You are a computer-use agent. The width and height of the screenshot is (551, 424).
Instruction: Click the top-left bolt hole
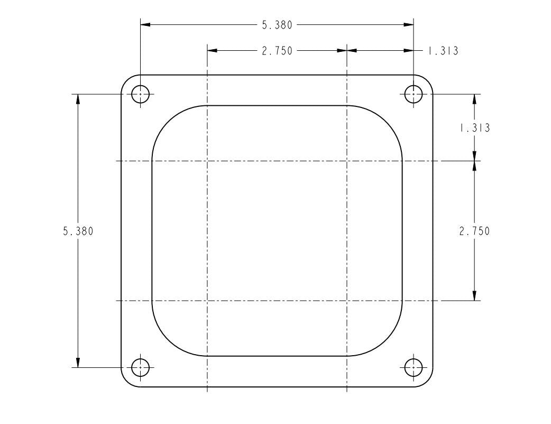140,94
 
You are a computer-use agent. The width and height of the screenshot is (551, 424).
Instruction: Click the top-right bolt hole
414,94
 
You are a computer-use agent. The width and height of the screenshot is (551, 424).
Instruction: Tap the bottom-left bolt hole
140,367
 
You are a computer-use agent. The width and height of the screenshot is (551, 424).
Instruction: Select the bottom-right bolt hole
414,367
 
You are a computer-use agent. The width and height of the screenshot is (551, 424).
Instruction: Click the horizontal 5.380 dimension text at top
277,24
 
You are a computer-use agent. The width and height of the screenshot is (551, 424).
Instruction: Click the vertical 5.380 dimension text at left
78,231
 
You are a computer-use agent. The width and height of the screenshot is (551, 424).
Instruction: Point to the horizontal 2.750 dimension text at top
277,51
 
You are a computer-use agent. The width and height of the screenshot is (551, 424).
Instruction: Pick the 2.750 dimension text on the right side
474,231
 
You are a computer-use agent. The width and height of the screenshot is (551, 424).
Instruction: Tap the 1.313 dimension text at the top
442,51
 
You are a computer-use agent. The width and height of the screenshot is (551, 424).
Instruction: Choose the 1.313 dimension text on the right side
474,128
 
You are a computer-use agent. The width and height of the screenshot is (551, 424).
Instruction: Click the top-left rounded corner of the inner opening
168,121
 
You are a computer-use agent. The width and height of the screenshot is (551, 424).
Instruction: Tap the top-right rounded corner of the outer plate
427,80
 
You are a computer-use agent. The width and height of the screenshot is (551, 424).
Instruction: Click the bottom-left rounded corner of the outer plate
127,381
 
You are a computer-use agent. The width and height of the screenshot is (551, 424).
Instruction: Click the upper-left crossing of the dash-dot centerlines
207,160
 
